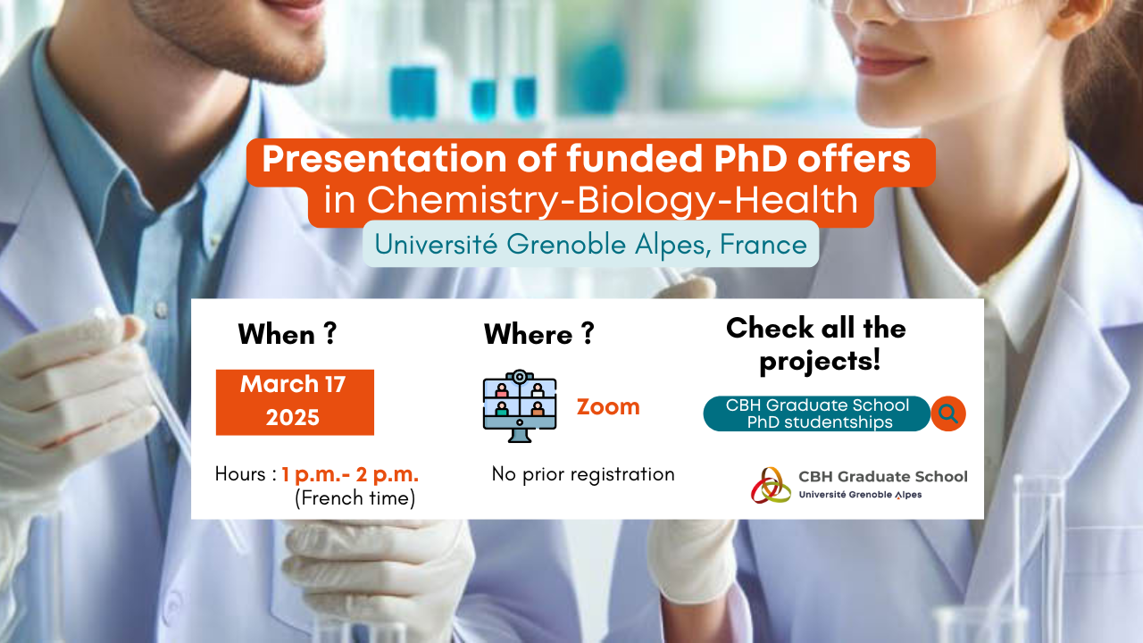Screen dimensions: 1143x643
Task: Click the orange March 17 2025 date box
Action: [x=295, y=402]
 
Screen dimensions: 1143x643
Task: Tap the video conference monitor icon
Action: [x=520, y=405]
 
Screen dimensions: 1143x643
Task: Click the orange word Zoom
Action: [x=608, y=406]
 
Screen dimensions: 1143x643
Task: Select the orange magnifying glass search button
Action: [x=948, y=413]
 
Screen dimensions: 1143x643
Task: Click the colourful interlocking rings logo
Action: [x=771, y=485]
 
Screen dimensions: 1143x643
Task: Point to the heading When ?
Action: [x=288, y=334]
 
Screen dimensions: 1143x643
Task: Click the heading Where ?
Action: [x=539, y=334]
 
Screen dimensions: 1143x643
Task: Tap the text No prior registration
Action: [x=583, y=474]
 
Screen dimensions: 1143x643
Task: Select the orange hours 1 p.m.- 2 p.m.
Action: [x=350, y=474]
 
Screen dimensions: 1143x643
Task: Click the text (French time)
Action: [x=355, y=498]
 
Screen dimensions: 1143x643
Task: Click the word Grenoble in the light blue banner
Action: [x=566, y=244]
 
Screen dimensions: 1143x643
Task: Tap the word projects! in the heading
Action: [x=820, y=361]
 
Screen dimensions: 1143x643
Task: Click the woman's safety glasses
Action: [x=919, y=9]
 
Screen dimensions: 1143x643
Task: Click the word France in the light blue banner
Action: [x=763, y=244]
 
